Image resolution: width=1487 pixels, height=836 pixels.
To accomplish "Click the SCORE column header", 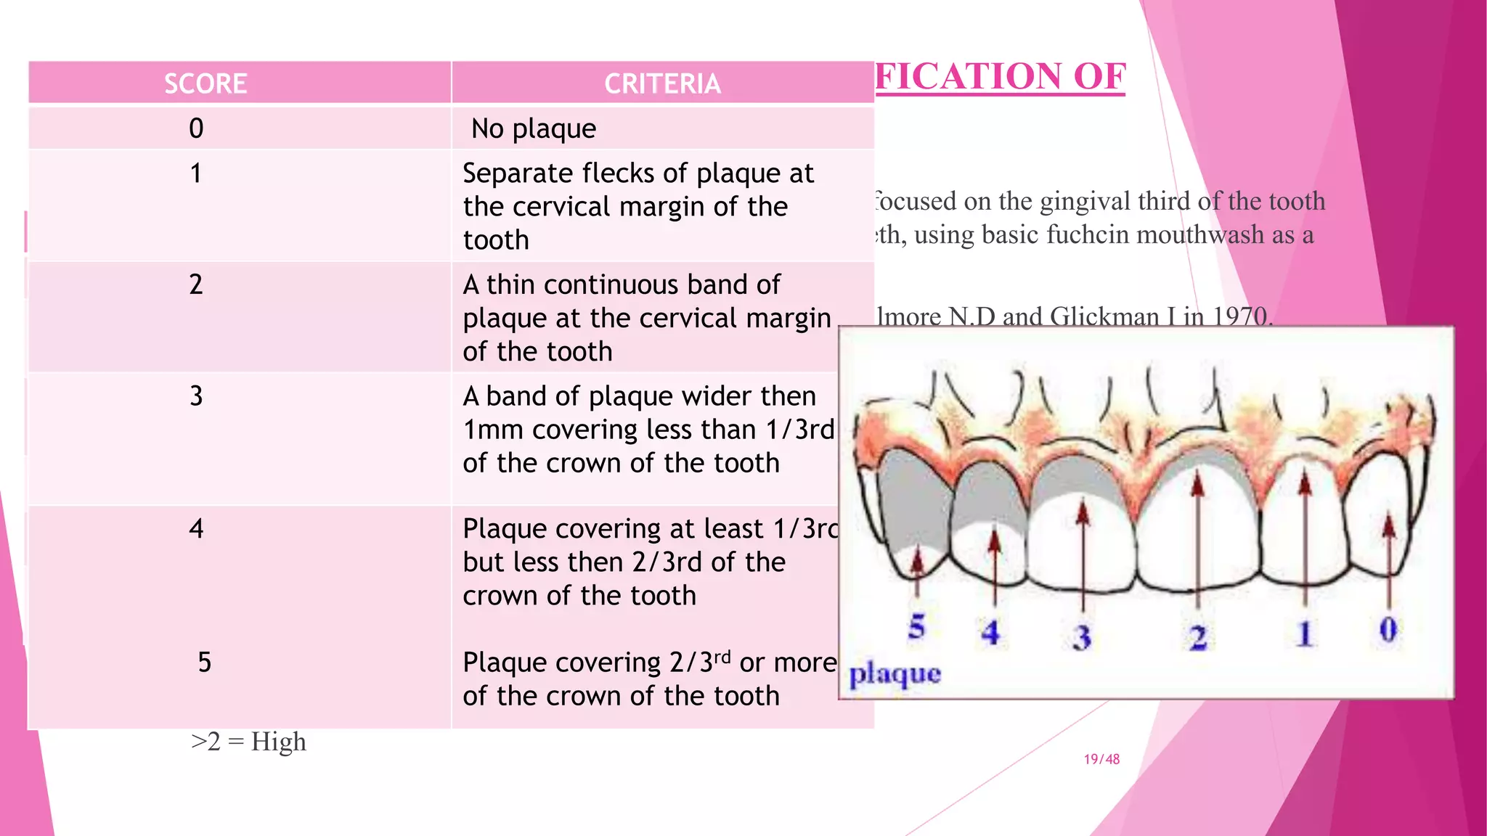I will click(x=205, y=83).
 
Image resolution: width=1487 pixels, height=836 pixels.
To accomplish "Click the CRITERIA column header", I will click(x=662, y=83).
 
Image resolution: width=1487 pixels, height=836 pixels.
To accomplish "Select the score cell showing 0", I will click(x=196, y=128).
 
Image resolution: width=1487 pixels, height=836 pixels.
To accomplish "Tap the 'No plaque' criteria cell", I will click(x=534, y=129).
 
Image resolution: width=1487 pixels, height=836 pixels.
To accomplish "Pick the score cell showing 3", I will click(x=196, y=396).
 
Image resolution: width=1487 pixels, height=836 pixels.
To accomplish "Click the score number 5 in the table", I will click(x=205, y=662).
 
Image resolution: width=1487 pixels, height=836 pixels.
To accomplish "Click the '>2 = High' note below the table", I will click(x=248, y=742).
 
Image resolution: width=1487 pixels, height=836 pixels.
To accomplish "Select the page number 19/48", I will click(x=1101, y=759).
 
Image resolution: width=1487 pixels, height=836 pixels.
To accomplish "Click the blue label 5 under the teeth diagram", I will click(x=917, y=626).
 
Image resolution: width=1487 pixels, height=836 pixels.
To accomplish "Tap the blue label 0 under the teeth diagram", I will click(x=1388, y=629).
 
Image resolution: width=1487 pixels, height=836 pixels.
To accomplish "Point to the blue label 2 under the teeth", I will click(x=1198, y=638).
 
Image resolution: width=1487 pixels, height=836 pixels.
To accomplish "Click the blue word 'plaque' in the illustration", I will click(x=895, y=674).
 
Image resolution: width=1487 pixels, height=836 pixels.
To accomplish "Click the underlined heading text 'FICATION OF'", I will click(x=1000, y=77).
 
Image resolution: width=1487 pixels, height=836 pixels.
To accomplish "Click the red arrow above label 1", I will click(x=1305, y=537).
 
